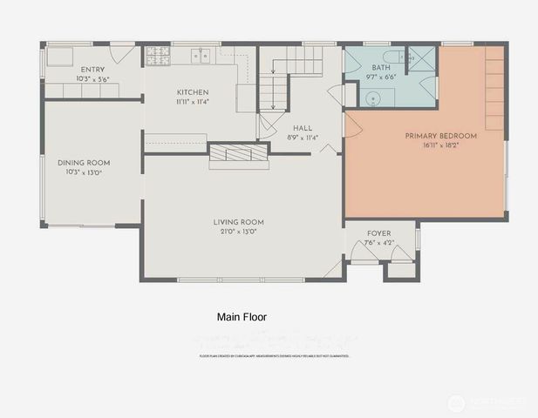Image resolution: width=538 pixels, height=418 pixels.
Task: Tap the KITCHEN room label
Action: (193, 92)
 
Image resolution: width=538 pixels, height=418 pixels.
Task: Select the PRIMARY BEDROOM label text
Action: (440, 136)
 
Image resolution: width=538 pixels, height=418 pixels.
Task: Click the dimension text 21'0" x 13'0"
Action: (239, 233)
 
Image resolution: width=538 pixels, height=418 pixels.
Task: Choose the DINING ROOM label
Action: (84, 162)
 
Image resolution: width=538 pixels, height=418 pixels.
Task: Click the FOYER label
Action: (378, 233)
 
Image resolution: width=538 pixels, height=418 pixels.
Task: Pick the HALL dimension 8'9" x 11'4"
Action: (303, 137)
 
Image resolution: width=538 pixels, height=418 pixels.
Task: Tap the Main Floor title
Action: (241, 318)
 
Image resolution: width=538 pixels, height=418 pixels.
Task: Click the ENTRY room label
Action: (93, 70)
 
